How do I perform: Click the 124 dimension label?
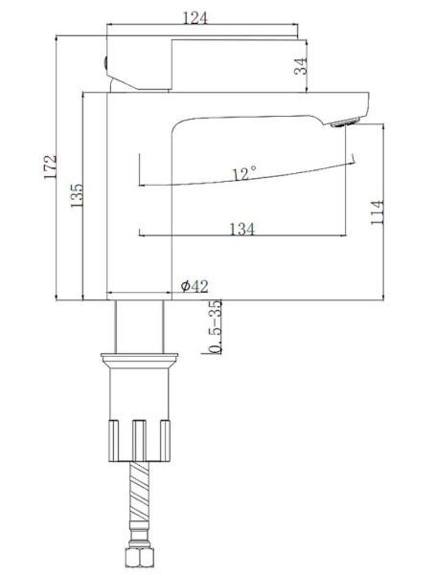click(195, 18)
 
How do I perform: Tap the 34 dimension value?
click(301, 66)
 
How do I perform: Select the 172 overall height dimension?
click(50, 166)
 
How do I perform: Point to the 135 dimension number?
click(77, 196)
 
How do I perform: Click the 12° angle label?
click(244, 173)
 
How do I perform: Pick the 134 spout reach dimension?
click(242, 230)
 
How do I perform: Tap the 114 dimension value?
click(378, 212)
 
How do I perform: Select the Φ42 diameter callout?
click(195, 286)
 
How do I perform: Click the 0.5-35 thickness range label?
click(216, 327)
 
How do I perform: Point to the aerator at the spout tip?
click(345, 122)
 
